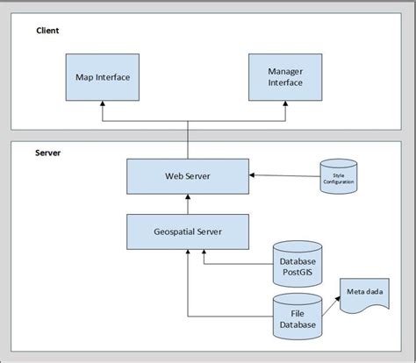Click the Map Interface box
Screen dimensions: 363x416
tap(104, 76)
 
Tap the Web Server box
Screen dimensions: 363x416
tap(187, 175)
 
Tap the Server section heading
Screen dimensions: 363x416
tap(47, 152)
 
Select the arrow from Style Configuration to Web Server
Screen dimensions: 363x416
tap(283, 175)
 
